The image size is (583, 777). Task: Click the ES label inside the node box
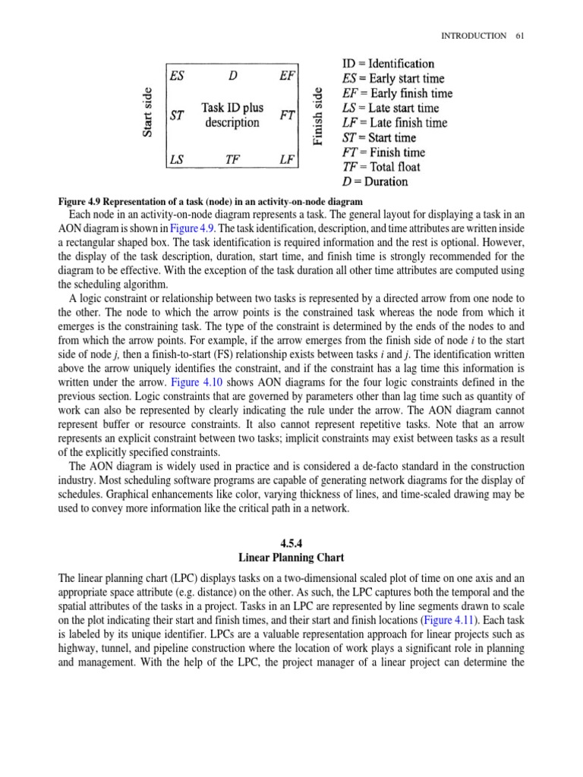click(x=177, y=76)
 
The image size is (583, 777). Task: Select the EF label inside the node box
click(x=287, y=76)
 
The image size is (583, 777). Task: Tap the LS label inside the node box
click(x=176, y=159)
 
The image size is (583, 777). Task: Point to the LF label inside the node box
click(x=287, y=159)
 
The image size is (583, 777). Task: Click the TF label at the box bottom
click(x=233, y=159)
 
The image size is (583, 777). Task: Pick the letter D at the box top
click(x=232, y=76)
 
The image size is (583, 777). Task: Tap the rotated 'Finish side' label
click(x=319, y=115)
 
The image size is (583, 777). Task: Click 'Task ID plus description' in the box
click(x=232, y=115)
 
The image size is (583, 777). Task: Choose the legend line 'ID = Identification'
click(x=388, y=64)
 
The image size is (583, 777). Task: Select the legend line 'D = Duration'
click(x=375, y=181)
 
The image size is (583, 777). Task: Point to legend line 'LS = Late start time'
click(x=390, y=108)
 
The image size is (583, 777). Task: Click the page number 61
click(x=519, y=36)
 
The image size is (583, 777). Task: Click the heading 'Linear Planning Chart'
click(x=291, y=558)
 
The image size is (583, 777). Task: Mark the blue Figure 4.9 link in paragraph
click(x=194, y=228)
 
